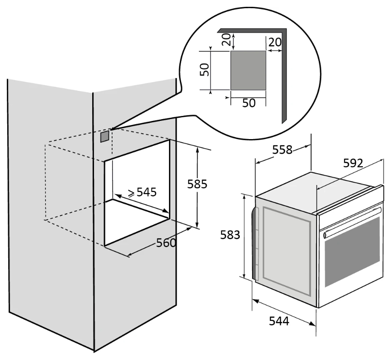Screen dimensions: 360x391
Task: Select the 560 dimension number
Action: (x=166, y=243)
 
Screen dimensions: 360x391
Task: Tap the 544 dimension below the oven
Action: (x=278, y=321)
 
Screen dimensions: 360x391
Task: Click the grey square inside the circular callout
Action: (x=248, y=70)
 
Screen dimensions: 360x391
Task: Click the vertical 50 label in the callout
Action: (x=205, y=69)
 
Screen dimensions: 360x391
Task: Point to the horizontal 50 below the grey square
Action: (x=248, y=103)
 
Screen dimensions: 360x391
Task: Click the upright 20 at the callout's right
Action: (x=275, y=42)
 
